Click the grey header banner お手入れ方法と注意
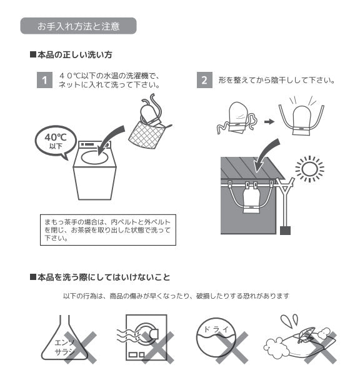pos(78,26)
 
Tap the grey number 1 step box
pos(44,80)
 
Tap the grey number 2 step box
pos(204,80)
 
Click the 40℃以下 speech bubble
pos(56,141)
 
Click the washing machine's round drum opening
pos(94,157)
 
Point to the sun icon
pos(309,169)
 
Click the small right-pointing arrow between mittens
pos(269,122)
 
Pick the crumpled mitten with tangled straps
pos(237,118)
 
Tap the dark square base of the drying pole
pos(285,230)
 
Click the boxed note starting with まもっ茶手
pos(108,230)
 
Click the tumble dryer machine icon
pos(146,337)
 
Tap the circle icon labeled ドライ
pos(216,337)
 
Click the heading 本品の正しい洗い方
pos(71,55)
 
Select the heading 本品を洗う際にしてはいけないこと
pos(100,277)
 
